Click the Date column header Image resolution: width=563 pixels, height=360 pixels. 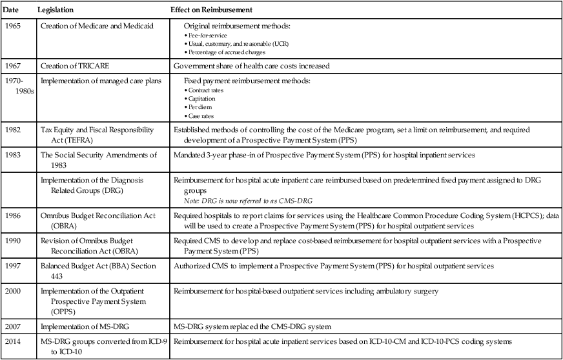pyautogui.click(x=11, y=11)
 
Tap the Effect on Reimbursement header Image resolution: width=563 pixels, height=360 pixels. pyautogui.click(x=211, y=11)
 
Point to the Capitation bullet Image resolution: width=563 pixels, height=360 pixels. pyautogui.click(x=203, y=99)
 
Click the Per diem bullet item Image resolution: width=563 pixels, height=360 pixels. pyautogui.click(x=201, y=107)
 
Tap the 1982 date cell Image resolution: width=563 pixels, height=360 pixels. pyautogui.click(x=12, y=130)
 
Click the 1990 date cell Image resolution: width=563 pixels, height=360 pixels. pyautogui.click(x=12, y=240)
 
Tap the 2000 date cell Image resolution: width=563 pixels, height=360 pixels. pyautogui.click(x=12, y=292)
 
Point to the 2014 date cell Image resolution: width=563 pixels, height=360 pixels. pyautogui.click(x=12, y=340)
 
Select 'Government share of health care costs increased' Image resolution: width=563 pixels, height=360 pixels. pyautogui.click(x=252, y=66)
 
